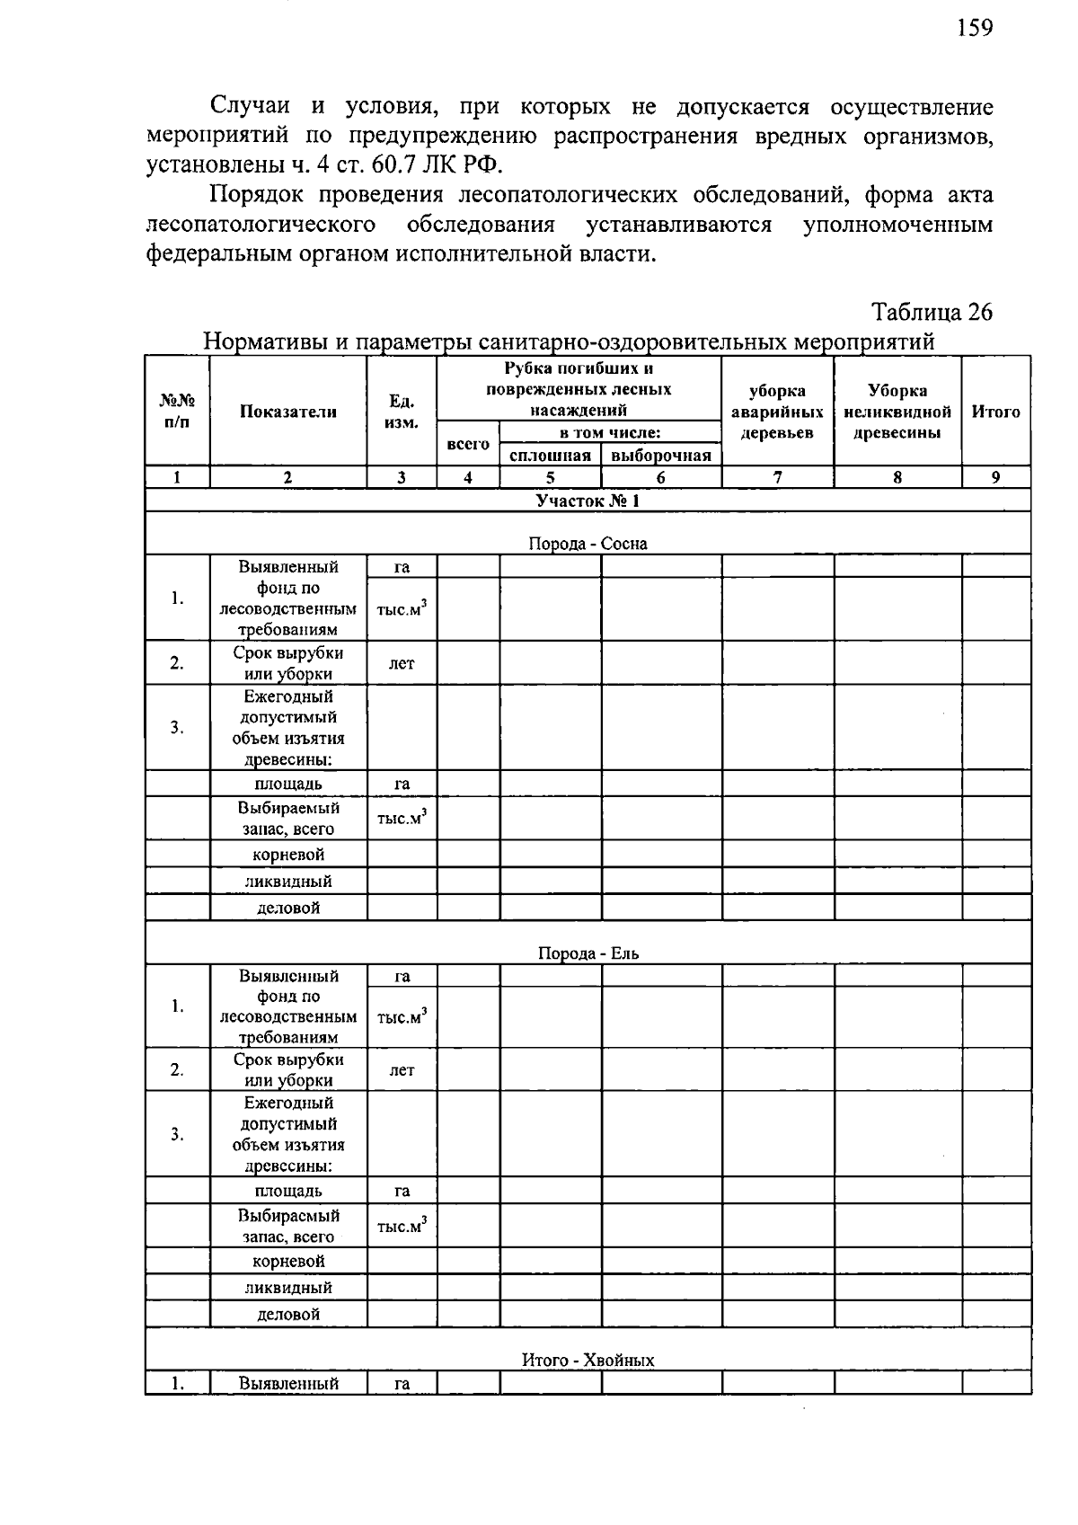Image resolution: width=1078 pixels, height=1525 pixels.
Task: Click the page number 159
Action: click(x=974, y=29)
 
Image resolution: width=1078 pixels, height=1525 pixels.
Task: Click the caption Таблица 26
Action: click(x=932, y=312)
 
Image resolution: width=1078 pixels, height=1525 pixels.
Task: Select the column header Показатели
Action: click(x=288, y=412)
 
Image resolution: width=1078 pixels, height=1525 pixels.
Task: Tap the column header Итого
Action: click(x=995, y=412)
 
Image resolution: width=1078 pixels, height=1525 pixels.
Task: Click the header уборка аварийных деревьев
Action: click(x=777, y=412)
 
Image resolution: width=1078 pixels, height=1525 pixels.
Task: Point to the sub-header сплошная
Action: click(x=550, y=456)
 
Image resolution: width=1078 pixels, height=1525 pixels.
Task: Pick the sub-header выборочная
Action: click(x=660, y=456)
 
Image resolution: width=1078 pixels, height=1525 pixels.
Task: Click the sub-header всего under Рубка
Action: click(x=468, y=444)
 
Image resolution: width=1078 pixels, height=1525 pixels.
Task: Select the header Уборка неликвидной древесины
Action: click(x=897, y=412)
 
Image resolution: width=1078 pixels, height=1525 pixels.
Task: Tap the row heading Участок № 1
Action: click(x=588, y=501)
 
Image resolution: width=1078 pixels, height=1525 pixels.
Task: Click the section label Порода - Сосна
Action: click(x=588, y=544)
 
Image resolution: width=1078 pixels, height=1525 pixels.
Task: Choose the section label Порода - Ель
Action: click(x=588, y=953)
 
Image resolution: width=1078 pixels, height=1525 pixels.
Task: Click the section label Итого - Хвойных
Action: click(x=588, y=1360)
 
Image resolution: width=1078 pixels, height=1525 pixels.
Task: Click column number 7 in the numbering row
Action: click(x=777, y=478)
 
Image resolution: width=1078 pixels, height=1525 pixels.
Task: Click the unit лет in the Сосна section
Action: click(x=402, y=663)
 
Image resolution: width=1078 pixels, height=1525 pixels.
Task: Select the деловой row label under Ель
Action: click(x=288, y=1314)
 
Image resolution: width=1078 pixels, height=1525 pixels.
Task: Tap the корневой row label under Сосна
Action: click(x=288, y=854)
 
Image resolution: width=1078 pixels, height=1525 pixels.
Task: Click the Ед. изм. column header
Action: click(x=402, y=412)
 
